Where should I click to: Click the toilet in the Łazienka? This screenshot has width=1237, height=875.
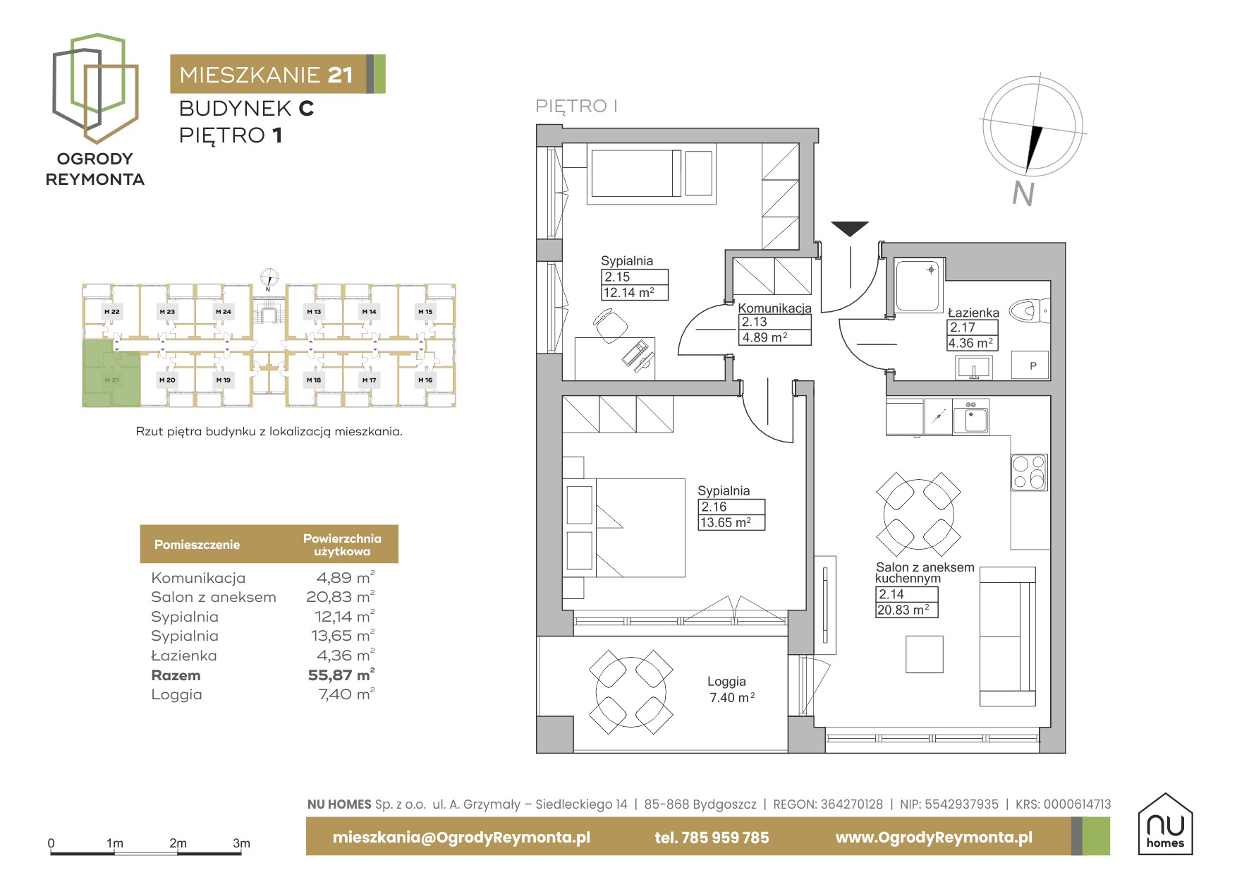pyautogui.click(x=1030, y=310)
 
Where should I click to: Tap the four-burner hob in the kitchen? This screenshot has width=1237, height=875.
pyautogui.click(x=1029, y=472)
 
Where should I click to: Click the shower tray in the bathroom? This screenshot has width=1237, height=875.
pyautogui.click(x=919, y=285)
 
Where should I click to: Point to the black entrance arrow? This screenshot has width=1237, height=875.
pyautogui.click(x=850, y=229)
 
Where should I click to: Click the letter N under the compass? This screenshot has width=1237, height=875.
pyautogui.click(x=1023, y=193)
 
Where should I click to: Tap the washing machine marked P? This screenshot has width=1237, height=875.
pyautogui.click(x=1032, y=366)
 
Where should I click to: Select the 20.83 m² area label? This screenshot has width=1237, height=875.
pyautogui.click(x=906, y=610)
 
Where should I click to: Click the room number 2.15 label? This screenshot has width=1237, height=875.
pyautogui.click(x=617, y=277)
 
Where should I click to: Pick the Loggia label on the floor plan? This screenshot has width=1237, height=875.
pyautogui.click(x=726, y=681)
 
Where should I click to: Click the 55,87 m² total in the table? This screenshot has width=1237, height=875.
pyautogui.click(x=341, y=675)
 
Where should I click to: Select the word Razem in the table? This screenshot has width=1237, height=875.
pyautogui.click(x=176, y=675)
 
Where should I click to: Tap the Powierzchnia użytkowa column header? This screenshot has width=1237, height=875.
pyautogui.click(x=342, y=544)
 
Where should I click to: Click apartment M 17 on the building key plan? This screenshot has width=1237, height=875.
pyautogui.click(x=369, y=380)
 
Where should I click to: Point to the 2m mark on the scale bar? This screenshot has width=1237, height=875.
pyautogui.click(x=178, y=843)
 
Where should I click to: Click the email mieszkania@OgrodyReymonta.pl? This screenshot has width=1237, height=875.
pyautogui.click(x=461, y=838)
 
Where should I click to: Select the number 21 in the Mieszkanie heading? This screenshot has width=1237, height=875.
pyautogui.click(x=340, y=75)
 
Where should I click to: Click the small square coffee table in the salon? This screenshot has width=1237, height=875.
pyautogui.click(x=925, y=654)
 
